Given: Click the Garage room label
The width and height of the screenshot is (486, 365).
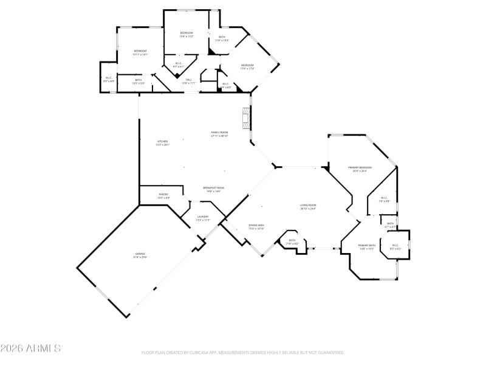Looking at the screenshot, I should [x=140, y=254].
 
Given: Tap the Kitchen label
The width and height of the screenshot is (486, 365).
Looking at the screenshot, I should [x=163, y=141].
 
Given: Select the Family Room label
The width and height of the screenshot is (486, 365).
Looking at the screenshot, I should [x=219, y=132].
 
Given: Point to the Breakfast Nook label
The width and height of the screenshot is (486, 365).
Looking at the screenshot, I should [x=213, y=188].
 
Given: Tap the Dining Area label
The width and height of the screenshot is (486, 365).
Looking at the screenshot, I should [x=256, y=225].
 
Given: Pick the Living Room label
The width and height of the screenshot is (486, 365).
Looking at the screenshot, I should [x=308, y=205].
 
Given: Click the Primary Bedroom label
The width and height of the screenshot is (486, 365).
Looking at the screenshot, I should [x=360, y=167].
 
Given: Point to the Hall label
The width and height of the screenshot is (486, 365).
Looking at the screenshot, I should [x=189, y=79].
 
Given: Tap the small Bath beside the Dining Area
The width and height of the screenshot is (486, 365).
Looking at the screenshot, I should [x=292, y=240].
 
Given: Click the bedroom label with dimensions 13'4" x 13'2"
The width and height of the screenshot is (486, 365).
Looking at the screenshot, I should [x=186, y=32].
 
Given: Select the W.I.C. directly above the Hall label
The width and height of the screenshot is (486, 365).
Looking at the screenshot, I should [x=179, y=63].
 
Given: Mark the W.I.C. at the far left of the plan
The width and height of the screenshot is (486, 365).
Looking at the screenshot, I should [x=108, y=77].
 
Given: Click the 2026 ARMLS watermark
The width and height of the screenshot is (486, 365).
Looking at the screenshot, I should [x=30, y=349].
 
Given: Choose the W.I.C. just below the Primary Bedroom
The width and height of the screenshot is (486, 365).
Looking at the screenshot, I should [x=384, y=198].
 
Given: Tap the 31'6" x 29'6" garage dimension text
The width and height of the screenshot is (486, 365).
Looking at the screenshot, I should [x=140, y=257].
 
